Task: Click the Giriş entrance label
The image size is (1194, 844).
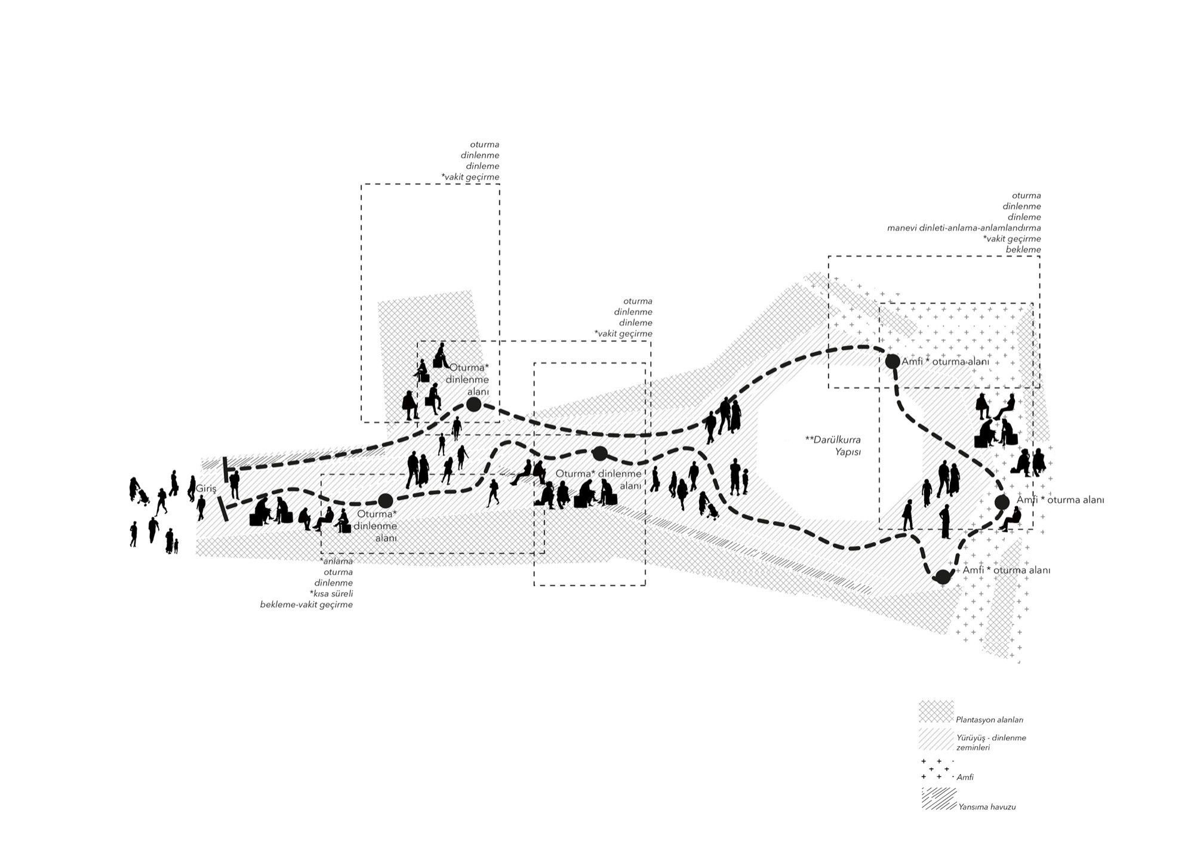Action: [x=206, y=489]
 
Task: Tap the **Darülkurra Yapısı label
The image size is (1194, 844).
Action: [x=833, y=446]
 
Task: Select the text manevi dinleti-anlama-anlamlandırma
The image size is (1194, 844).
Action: [x=964, y=228]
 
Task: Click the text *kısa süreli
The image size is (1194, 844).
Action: [x=331, y=594]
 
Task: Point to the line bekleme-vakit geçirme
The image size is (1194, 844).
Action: [x=306, y=605]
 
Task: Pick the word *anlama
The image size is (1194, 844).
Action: [x=337, y=561]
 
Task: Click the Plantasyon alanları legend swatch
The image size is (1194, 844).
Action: [x=936, y=712]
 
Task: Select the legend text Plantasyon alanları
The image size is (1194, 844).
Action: [x=989, y=720]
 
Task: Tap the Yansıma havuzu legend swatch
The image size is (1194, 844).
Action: [x=938, y=799]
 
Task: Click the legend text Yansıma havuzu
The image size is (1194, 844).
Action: [x=987, y=807]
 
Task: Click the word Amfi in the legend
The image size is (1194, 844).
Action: [x=965, y=777]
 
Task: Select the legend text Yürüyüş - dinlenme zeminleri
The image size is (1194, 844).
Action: [x=990, y=743]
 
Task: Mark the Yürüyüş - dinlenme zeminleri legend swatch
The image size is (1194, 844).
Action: [x=936, y=739]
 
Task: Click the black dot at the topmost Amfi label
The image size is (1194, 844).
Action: [x=893, y=361]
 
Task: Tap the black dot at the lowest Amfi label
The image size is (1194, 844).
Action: [x=943, y=577]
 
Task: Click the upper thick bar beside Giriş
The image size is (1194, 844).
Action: [x=226, y=469]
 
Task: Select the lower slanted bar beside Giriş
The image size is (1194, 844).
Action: [x=222, y=509]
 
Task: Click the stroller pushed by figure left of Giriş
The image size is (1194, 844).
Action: [x=143, y=497]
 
